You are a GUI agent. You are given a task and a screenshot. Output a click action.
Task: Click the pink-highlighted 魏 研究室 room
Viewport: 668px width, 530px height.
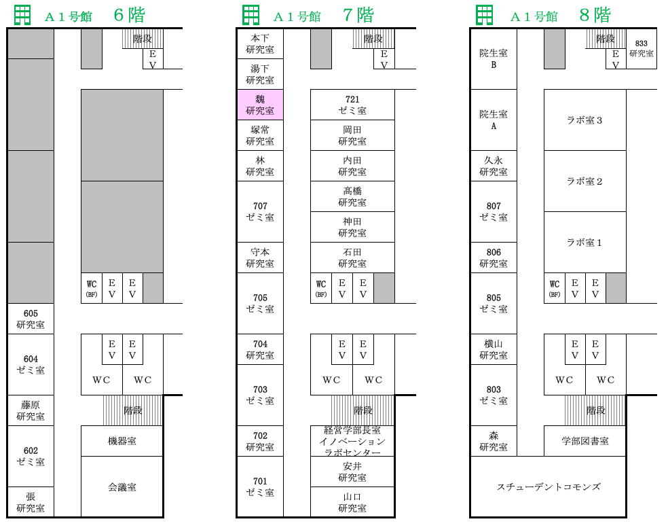(x=260, y=105)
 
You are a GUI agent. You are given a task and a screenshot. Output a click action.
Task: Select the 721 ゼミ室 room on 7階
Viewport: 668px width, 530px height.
(x=352, y=105)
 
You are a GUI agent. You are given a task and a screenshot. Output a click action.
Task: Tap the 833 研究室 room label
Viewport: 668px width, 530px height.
(x=641, y=48)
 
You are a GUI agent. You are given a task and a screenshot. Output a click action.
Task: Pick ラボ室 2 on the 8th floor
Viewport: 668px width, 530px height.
(x=584, y=181)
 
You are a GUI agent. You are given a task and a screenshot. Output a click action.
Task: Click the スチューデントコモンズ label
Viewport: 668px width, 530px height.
(x=549, y=487)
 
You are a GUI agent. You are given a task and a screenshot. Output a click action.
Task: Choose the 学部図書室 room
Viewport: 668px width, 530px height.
(x=585, y=441)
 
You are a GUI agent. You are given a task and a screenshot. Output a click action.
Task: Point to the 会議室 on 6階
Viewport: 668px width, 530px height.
(x=122, y=487)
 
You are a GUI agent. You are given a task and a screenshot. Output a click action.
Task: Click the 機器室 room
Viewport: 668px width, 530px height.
(x=122, y=441)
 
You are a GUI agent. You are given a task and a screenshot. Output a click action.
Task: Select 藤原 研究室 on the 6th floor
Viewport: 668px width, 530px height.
(x=31, y=410)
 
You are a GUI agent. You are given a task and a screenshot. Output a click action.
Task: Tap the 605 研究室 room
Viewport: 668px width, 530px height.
(x=31, y=319)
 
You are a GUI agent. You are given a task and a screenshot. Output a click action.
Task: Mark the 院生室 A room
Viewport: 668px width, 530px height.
(x=494, y=120)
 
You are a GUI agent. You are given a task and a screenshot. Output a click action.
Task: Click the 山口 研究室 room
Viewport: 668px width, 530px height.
(x=352, y=502)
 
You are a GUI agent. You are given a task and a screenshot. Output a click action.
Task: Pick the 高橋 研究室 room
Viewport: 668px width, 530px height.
(x=352, y=196)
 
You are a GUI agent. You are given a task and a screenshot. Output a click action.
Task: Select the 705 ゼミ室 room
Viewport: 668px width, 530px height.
(x=260, y=303)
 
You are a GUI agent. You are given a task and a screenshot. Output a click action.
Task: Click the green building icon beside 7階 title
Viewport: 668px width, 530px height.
(x=250, y=16)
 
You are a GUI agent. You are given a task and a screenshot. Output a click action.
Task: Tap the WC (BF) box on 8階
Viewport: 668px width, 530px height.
(x=554, y=288)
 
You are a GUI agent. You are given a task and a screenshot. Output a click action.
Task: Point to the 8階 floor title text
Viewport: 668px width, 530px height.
(x=595, y=16)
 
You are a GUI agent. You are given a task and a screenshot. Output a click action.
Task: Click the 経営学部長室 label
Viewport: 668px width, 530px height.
(x=352, y=430)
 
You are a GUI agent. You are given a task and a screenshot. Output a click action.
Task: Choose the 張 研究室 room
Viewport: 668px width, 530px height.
(x=31, y=502)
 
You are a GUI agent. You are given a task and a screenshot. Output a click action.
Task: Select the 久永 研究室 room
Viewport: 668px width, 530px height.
(x=494, y=166)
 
